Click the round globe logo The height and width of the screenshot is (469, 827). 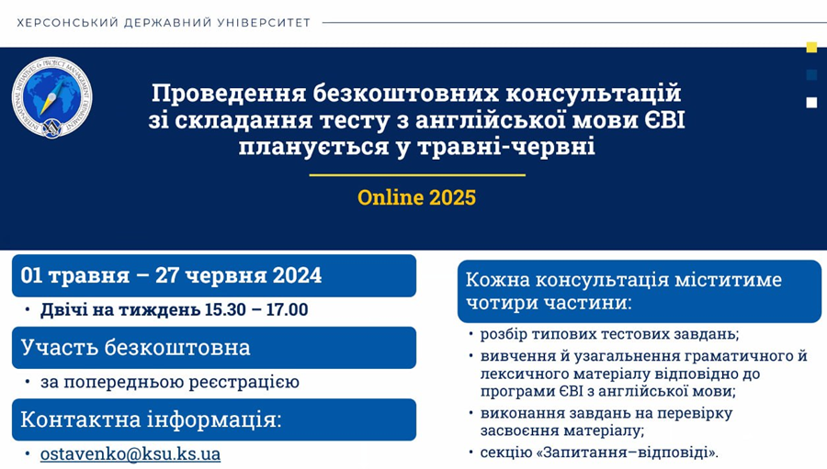pos(51,97)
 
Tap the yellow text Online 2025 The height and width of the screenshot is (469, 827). pos(416,197)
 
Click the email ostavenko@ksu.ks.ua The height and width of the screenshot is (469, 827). pos(130,453)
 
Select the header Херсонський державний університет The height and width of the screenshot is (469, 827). pos(164,23)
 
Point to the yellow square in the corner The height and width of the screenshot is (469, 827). pos(811,48)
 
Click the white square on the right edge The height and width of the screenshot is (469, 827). pos(811,102)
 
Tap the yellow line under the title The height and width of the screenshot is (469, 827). pos(417,175)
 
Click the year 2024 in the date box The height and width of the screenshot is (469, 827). pos(297,275)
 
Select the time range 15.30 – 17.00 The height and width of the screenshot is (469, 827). pos(256,309)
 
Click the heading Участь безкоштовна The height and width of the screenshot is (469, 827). pos(136,347)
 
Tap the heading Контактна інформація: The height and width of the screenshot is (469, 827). pos(152,419)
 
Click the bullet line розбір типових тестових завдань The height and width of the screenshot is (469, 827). pos(610,334)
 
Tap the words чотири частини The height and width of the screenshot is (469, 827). pos(549,303)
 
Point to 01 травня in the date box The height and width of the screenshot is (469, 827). pos(75,275)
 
